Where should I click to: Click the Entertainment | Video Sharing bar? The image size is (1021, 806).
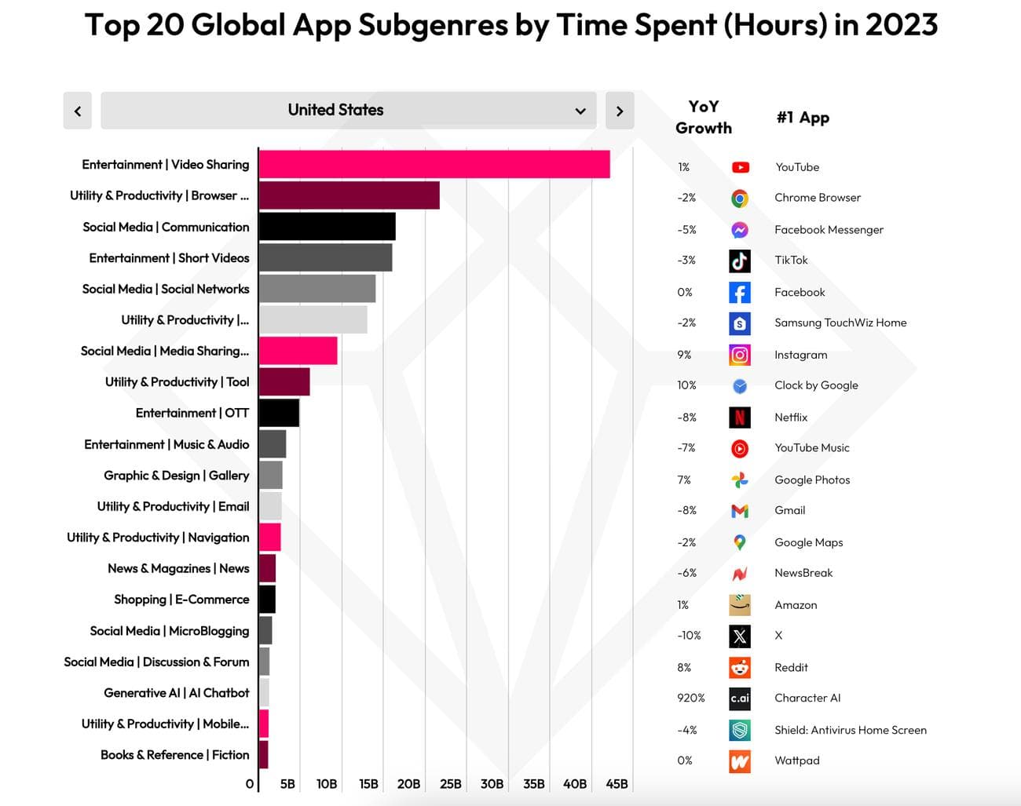coord(434,164)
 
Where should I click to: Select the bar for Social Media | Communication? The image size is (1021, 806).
coord(327,227)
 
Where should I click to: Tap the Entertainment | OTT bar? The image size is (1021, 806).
coord(279,413)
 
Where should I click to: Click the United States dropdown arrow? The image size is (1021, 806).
coord(580,111)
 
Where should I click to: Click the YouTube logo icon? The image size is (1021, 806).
coord(740,167)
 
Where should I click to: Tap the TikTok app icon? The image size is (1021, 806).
coord(740,261)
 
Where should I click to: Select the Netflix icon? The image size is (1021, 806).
coord(740,417)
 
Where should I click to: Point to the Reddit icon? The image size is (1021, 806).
coord(740,667)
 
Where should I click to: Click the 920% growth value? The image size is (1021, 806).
coord(691,698)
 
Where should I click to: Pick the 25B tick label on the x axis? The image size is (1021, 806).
coord(451,784)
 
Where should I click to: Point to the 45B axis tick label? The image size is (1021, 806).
coord(617,784)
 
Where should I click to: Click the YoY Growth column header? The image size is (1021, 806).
coord(704,117)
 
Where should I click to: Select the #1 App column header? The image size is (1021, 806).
coord(803,118)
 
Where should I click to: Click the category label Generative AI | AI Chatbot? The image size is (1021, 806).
coord(176,693)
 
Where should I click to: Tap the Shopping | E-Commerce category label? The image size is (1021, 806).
coord(181,600)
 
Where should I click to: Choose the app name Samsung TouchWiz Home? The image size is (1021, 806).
coord(840,323)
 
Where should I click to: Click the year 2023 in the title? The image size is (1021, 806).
coord(902,25)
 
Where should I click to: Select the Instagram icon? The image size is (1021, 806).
coord(740,355)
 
